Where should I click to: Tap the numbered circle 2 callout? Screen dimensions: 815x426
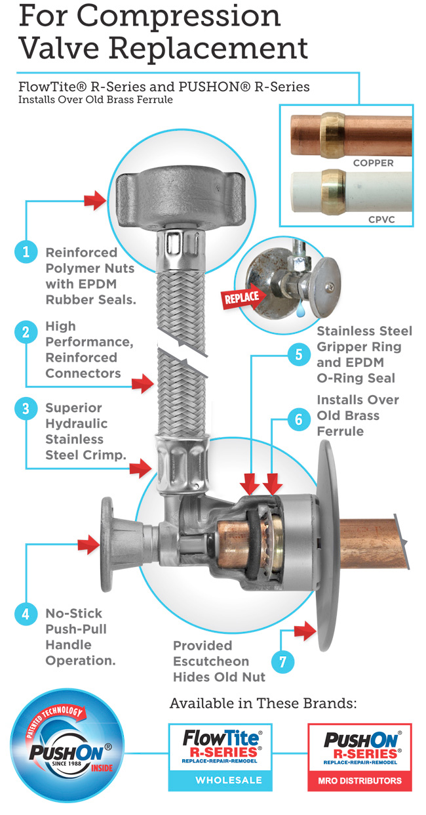(26, 332)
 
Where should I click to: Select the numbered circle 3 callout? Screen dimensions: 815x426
(26, 409)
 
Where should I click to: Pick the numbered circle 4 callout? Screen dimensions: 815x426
(26, 614)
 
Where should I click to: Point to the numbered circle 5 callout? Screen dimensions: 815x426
(299, 355)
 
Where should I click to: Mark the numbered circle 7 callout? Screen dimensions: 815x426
(283, 661)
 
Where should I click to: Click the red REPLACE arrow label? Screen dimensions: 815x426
(242, 297)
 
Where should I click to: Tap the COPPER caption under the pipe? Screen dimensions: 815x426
(374, 162)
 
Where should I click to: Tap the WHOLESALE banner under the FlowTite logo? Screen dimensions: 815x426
(221, 780)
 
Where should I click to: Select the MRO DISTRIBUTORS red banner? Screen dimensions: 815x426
(359, 780)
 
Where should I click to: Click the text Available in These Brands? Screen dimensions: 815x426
(263, 703)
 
